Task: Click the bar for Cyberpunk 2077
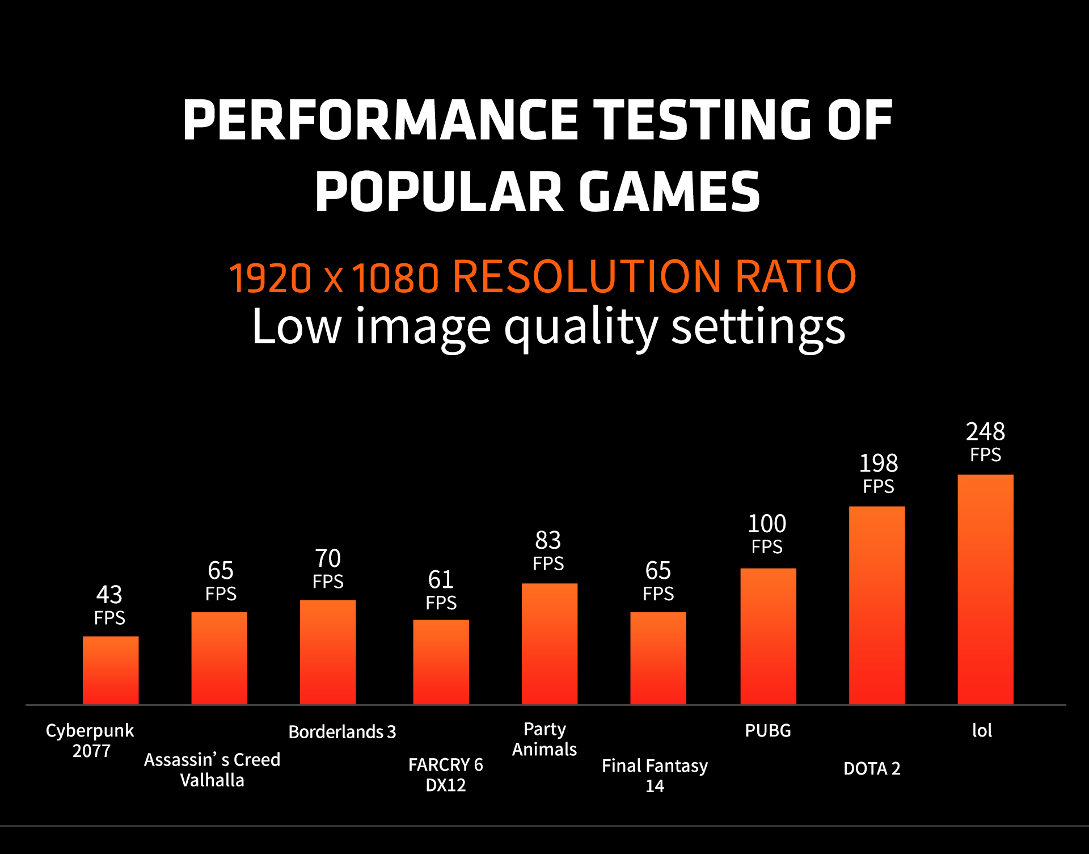pyautogui.click(x=111, y=670)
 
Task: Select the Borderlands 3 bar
pyautogui.click(x=328, y=652)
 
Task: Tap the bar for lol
pyautogui.click(x=985, y=590)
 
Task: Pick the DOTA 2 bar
pyautogui.click(x=876, y=605)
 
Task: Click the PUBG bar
pyautogui.click(x=768, y=636)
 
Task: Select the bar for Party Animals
pyautogui.click(x=550, y=644)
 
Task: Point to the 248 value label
pyautogui.click(x=985, y=432)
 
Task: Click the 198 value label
pyautogui.click(x=878, y=464)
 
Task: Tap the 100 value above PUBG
pyautogui.click(x=767, y=524)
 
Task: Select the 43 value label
pyautogui.click(x=109, y=595)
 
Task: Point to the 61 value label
pyautogui.click(x=441, y=580)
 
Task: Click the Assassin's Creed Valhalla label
pyautogui.click(x=212, y=769)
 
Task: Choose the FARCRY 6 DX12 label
pyautogui.click(x=446, y=775)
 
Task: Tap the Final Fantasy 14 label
pyautogui.click(x=655, y=776)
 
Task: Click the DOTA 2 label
pyautogui.click(x=872, y=768)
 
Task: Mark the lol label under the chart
pyautogui.click(x=982, y=730)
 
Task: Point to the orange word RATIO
pyautogui.click(x=795, y=277)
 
